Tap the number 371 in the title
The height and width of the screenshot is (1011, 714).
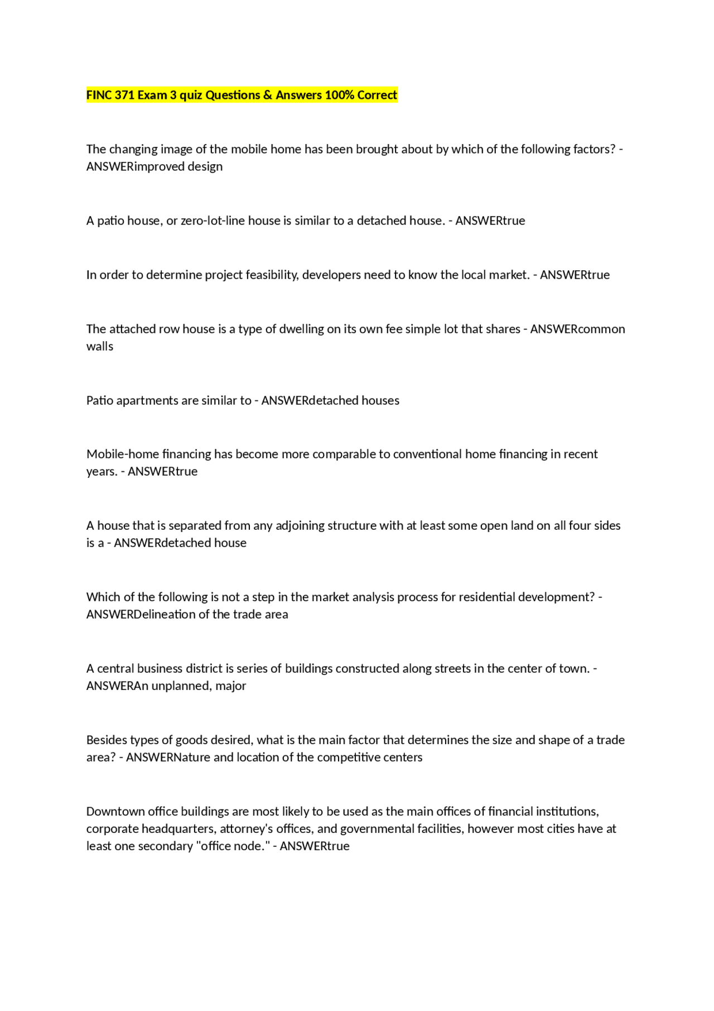pos(124,95)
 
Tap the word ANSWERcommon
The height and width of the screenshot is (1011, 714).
pos(577,329)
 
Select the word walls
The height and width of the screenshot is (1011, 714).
pos(100,347)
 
